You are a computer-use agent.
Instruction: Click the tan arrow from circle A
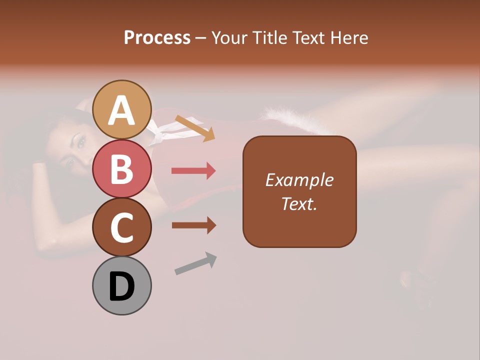[195, 128]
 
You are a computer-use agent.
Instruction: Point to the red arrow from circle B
[193, 171]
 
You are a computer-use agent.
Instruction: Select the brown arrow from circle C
[193, 225]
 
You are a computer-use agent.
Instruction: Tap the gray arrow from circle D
[195, 263]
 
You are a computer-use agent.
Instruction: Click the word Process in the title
[157, 38]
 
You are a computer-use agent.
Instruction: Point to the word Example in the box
[299, 180]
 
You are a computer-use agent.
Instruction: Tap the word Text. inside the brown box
[299, 203]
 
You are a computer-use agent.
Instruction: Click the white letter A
[122, 110]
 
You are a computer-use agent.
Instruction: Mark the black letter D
[122, 287]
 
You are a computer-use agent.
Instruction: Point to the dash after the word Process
[201, 38]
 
